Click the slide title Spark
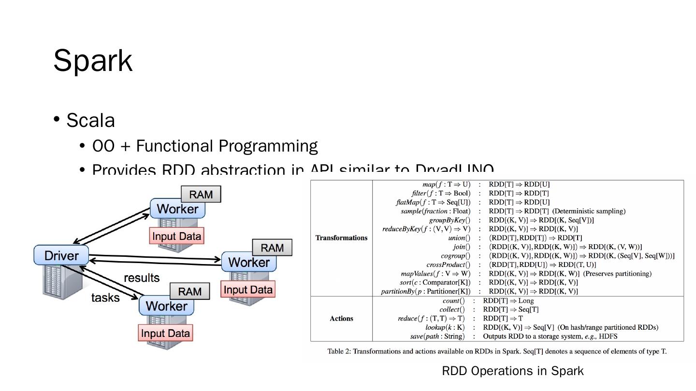click(x=93, y=61)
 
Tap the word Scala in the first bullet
click(x=90, y=120)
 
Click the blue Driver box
click(x=61, y=255)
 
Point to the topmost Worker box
click(x=177, y=209)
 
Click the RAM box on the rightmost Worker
click(x=272, y=248)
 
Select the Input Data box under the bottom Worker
click(x=165, y=333)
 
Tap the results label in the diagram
click(x=142, y=278)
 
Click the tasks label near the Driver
click(x=105, y=297)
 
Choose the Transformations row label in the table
click(x=341, y=237)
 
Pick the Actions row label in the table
click(x=341, y=319)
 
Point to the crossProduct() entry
click(x=448, y=265)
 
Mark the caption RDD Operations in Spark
click(x=513, y=371)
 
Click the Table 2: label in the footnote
click(x=339, y=351)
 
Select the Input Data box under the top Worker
click(x=176, y=237)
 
